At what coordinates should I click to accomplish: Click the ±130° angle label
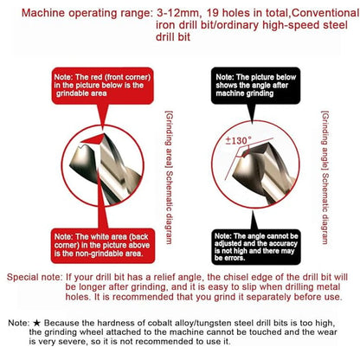[239, 140]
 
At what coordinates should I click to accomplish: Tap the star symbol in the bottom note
[36, 323]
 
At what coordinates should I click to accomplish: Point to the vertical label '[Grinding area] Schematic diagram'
[169, 177]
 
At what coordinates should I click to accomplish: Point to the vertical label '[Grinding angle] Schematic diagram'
[325, 177]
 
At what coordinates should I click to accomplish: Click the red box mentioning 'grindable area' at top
[102, 86]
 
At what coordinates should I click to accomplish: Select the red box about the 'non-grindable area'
[103, 246]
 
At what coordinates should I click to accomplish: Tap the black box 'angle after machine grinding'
[255, 86]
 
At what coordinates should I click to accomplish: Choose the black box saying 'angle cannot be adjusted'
[256, 247]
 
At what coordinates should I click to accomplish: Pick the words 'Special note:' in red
[35, 277]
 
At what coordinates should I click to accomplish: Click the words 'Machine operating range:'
[87, 13]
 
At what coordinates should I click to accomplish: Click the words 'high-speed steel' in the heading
[305, 25]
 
